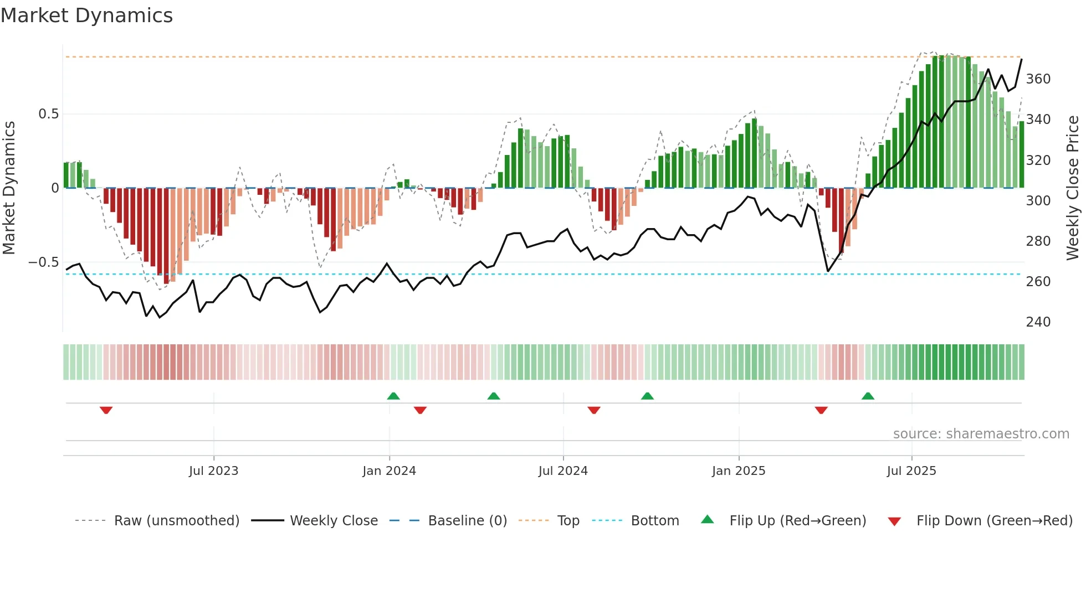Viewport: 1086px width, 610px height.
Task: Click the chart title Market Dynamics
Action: pos(86,15)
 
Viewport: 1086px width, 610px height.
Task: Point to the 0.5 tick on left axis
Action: pos(48,114)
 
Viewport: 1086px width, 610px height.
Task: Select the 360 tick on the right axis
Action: pos(1038,79)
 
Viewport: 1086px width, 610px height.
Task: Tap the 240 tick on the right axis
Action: pos(1038,322)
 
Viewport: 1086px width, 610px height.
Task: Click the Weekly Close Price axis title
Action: pos(1073,188)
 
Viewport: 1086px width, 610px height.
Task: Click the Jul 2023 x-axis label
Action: pos(213,471)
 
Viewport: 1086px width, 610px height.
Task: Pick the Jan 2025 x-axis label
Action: pos(739,471)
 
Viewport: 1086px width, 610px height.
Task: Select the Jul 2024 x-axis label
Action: pos(563,471)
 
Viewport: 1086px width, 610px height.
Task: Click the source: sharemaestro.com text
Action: pos(981,434)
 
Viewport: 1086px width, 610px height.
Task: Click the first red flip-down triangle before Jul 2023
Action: pos(106,410)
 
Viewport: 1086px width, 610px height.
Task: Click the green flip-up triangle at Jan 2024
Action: pos(393,396)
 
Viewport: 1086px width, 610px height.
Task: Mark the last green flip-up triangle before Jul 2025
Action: pos(868,396)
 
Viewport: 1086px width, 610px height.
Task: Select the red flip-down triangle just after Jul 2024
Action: pos(594,410)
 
